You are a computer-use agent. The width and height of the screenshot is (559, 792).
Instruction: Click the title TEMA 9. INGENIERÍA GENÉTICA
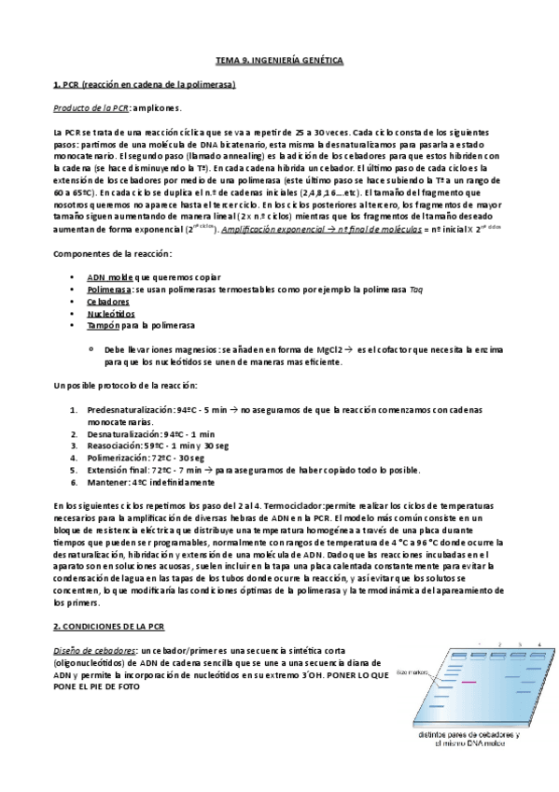point(280,61)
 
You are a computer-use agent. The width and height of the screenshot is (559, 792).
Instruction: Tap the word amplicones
point(152,108)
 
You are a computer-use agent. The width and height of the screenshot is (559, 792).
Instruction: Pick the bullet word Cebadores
point(108,302)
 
